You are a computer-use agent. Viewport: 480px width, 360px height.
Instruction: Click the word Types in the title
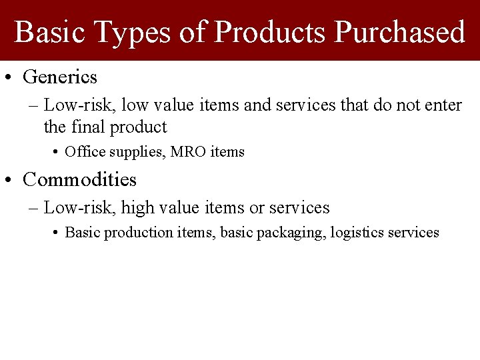(133, 31)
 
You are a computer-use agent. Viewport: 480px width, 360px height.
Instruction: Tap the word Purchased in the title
(399, 31)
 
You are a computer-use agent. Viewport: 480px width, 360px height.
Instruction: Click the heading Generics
(60, 77)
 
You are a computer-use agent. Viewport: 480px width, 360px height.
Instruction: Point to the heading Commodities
(79, 179)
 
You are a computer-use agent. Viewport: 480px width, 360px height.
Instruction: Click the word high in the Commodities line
(137, 208)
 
